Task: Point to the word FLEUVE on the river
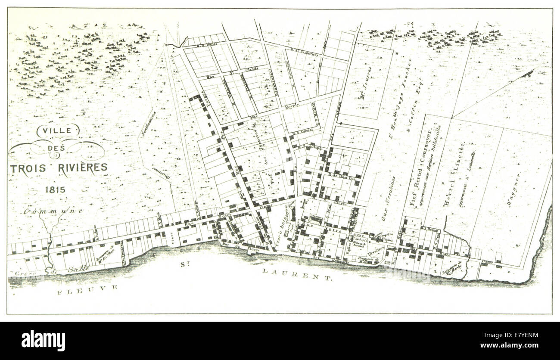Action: click(88, 289)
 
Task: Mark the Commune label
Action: click(53, 211)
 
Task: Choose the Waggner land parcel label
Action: click(515, 190)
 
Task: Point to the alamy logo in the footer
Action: click(43, 341)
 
